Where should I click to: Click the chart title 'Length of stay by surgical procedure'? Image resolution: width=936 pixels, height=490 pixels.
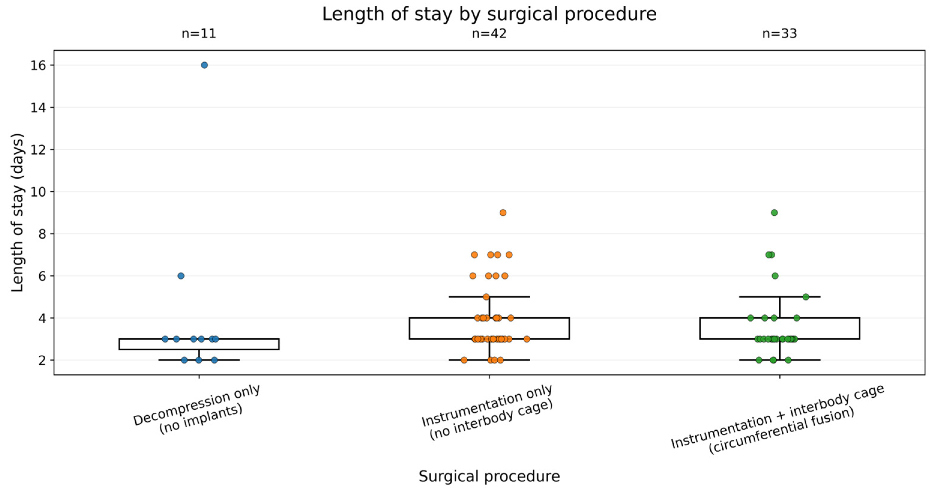click(489, 14)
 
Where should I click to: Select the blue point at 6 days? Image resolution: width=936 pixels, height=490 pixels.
click(181, 276)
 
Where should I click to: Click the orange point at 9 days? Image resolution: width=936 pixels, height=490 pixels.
click(503, 213)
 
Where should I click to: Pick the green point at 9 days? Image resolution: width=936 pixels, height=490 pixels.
click(774, 213)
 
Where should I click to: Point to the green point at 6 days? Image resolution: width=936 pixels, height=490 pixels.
click(775, 276)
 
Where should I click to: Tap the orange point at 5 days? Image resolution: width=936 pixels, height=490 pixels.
click(486, 297)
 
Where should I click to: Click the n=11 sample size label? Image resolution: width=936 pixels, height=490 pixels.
click(199, 34)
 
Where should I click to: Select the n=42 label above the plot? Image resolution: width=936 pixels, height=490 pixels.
click(489, 34)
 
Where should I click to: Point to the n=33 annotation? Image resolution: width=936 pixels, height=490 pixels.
click(779, 34)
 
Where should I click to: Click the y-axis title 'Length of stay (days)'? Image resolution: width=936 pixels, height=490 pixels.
click(17, 213)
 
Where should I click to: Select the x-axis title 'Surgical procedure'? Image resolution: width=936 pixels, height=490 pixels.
click(489, 476)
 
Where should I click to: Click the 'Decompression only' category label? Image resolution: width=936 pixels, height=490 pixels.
click(197, 405)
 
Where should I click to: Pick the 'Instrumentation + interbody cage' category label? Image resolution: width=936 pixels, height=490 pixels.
click(778, 416)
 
